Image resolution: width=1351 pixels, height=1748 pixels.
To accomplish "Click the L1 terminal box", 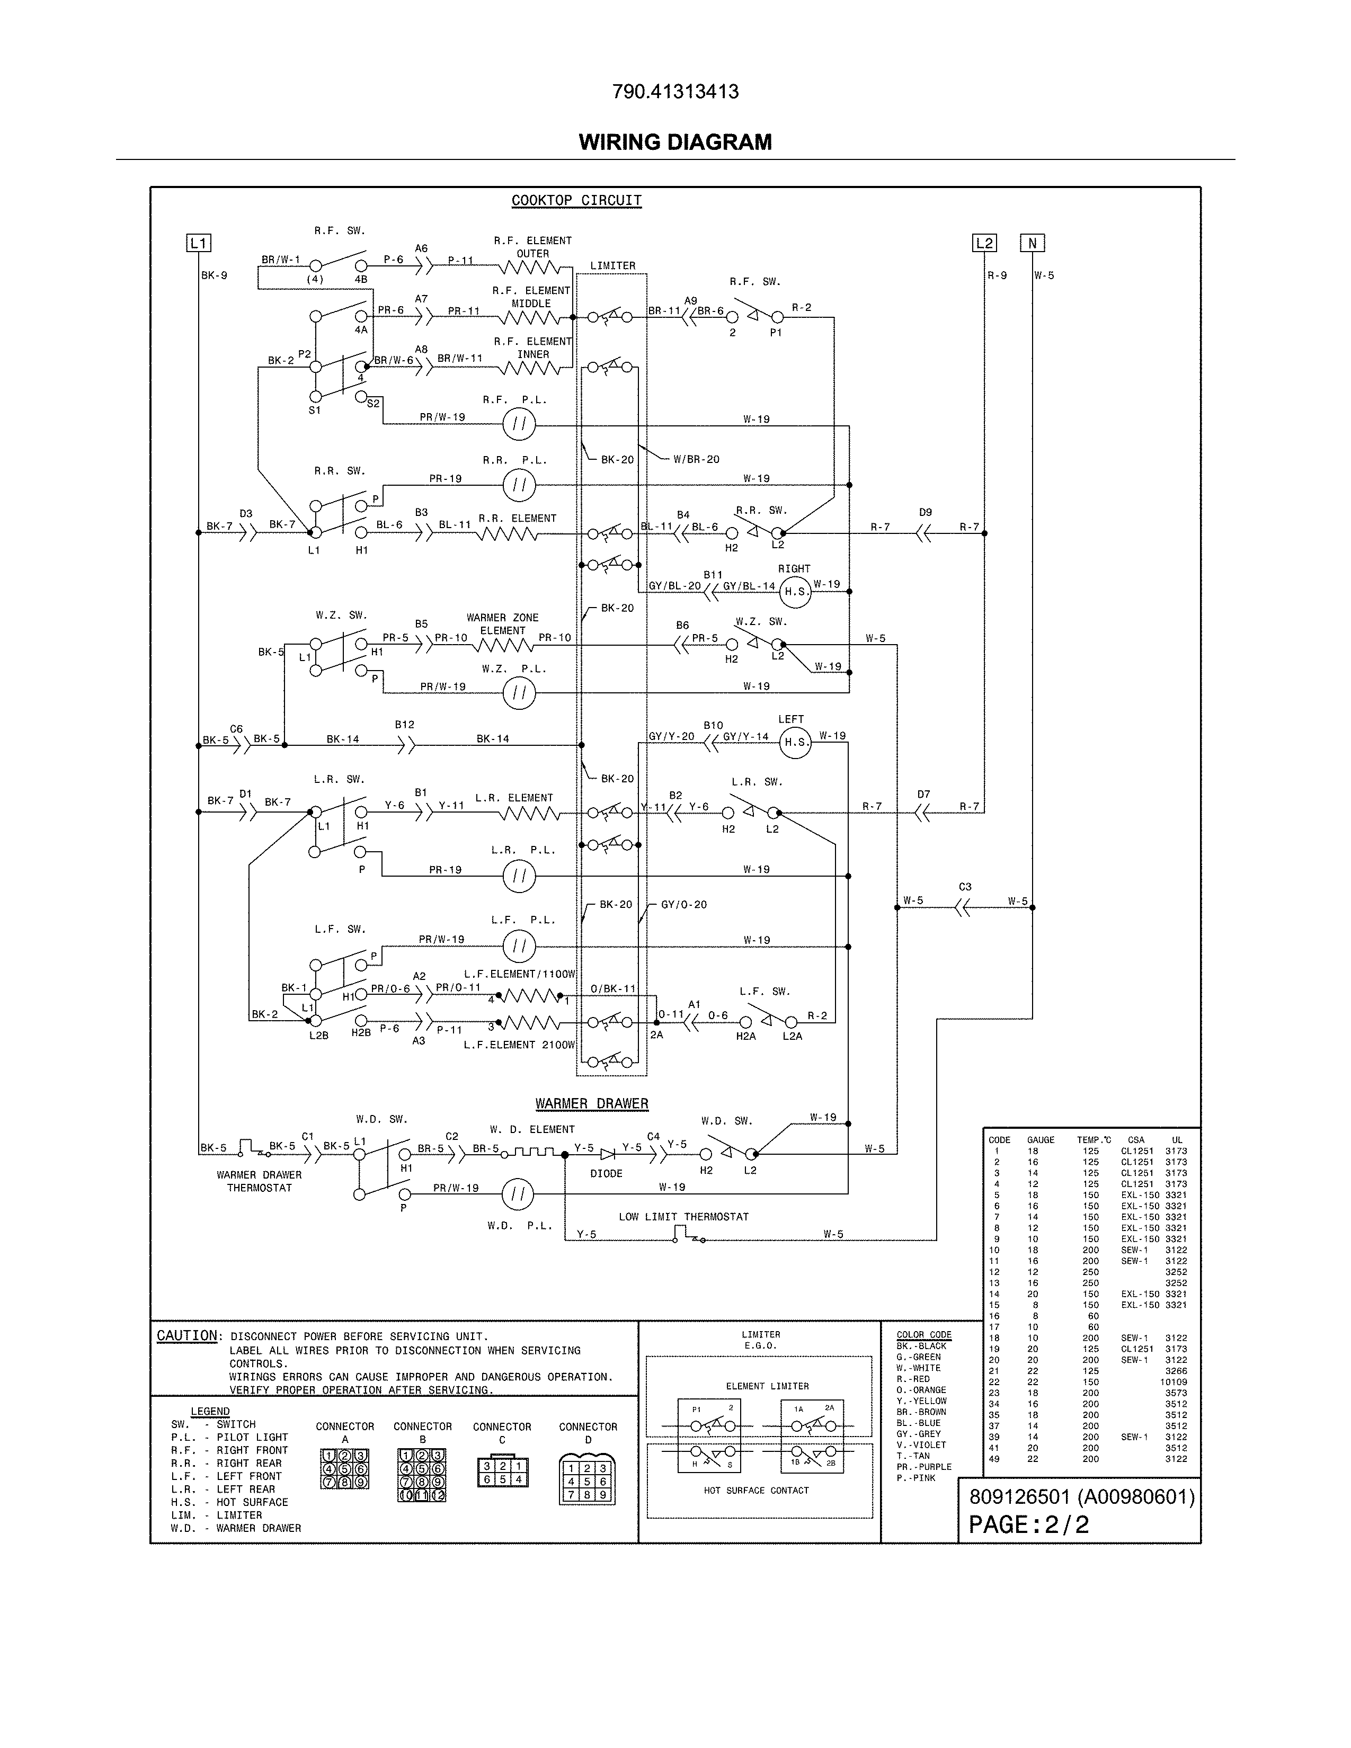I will [x=199, y=243].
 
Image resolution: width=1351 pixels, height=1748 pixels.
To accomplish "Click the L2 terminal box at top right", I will [x=984, y=243].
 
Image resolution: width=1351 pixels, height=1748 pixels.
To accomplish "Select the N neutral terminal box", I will [x=1033, y=243].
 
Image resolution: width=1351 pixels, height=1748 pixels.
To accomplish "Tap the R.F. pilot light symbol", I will [x=519, y=424].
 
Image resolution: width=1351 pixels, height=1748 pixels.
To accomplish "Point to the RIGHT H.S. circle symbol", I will [x=794, y=592].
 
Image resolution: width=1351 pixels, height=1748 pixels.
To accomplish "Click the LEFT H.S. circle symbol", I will [x=795, y=742].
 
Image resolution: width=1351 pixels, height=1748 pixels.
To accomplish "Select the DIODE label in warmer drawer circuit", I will [x=606, y=1173].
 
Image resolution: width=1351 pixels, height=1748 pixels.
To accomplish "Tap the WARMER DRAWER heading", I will [x=591, y=1104].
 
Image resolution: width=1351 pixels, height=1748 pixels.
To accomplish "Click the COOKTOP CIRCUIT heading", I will [x=576, y=200].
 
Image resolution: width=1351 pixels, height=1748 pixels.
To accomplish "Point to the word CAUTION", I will [x=186, y=1336].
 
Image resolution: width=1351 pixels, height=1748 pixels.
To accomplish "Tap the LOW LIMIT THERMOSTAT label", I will [x=683, y=1217].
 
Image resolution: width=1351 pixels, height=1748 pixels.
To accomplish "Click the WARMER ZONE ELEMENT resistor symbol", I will [x=503, y=644].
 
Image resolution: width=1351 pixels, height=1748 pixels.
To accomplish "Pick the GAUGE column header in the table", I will [x=1041, y=1140].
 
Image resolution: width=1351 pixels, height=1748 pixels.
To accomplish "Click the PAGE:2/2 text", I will [x=1028, y=1524].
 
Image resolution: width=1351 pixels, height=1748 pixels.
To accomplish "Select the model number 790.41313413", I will [x=674, y=92].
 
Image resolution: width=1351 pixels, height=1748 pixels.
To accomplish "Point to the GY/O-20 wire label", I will [x=683, y=904].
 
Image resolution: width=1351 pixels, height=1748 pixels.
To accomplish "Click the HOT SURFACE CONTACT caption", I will [x=757, y=1490].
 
